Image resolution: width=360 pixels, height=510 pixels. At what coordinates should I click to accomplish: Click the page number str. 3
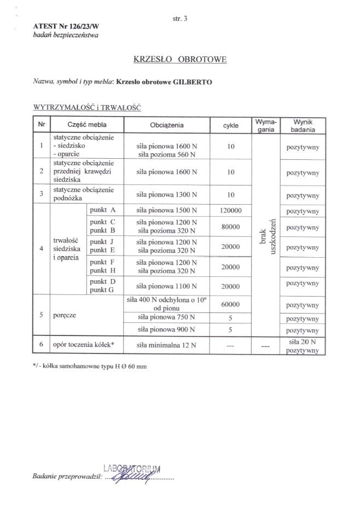coord(179,18)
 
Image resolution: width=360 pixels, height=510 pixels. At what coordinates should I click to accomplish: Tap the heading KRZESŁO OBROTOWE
coord(179,58)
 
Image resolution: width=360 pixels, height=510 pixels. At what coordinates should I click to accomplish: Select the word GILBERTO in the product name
coord(193,82)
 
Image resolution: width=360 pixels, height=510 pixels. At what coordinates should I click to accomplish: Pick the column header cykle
coord(230,125)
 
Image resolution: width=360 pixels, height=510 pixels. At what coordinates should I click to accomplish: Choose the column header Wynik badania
coord(303,125)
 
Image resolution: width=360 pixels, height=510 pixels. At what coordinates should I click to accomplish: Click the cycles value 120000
coord(230,210)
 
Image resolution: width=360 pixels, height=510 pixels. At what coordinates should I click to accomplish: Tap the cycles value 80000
coord(230,227)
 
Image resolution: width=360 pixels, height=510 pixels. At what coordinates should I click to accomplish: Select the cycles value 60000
coord(230,304)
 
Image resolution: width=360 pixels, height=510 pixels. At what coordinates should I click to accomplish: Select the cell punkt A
coord(103,210)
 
